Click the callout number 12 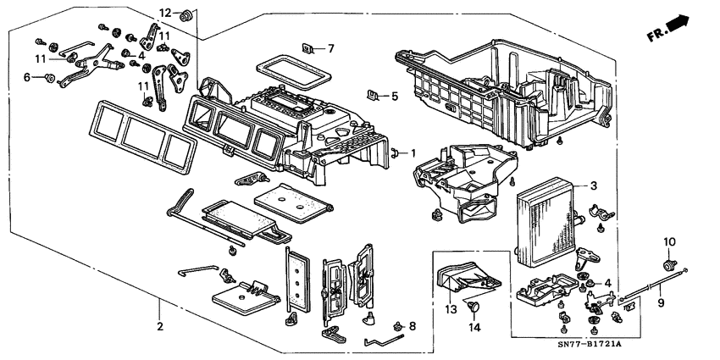point(165,13)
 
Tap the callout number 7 point(331,48)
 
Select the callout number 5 point(394,97)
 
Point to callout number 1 point(413,153)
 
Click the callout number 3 point(595,186)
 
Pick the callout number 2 point(158,325)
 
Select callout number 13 point(450,310)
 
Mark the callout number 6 point(26,77)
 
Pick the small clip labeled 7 point(310,48)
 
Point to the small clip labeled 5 point(374,94)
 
